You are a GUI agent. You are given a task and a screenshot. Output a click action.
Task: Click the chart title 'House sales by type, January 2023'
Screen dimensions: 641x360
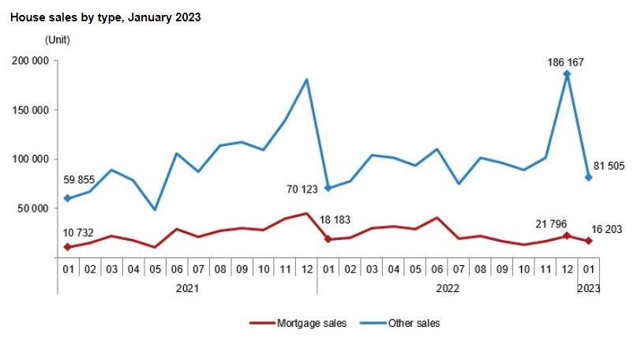tap(106, 17)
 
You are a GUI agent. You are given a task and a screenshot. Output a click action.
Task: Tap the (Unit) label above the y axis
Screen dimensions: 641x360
tap(57, 40)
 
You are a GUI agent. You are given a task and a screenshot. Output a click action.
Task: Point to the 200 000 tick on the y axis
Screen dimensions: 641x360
tap(30, 61)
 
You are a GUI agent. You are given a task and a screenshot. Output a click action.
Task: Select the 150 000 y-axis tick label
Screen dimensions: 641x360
tap(30, 111)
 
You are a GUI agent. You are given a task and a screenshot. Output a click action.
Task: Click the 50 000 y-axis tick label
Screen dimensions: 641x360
tap(33, 208)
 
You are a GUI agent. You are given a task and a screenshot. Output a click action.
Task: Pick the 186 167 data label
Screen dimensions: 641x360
tap(565, 62)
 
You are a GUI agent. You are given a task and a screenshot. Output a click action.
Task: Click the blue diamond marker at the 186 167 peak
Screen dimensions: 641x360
tap(567, 74)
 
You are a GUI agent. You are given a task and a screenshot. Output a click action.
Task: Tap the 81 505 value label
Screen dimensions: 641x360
tap(609, 166)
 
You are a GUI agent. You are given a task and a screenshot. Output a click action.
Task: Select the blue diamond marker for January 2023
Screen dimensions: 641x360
tap(589, 178)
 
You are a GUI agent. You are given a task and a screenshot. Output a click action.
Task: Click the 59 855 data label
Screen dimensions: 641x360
tap(79, 180)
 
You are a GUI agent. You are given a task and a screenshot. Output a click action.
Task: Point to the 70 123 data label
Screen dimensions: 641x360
tap(302, 189)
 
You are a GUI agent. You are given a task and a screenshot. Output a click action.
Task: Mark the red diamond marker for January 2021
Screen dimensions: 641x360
tap(68, 247)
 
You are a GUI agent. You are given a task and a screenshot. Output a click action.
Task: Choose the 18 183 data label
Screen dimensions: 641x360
tap(335, 219)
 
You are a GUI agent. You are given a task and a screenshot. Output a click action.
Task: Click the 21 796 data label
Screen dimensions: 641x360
tap(551, 224)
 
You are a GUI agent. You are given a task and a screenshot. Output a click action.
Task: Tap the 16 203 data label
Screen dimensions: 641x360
tap(606, 229)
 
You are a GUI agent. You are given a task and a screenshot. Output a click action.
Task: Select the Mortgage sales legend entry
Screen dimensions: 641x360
tap(298, 323)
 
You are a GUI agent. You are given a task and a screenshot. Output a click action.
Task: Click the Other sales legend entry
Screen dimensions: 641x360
tap(399, 323)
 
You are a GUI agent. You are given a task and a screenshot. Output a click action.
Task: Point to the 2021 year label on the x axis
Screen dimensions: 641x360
tap(187, 288)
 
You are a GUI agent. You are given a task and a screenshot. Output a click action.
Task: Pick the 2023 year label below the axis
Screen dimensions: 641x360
tap(589, 288)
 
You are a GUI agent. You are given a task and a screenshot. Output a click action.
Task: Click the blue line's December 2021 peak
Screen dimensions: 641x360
tap(306, 79)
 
